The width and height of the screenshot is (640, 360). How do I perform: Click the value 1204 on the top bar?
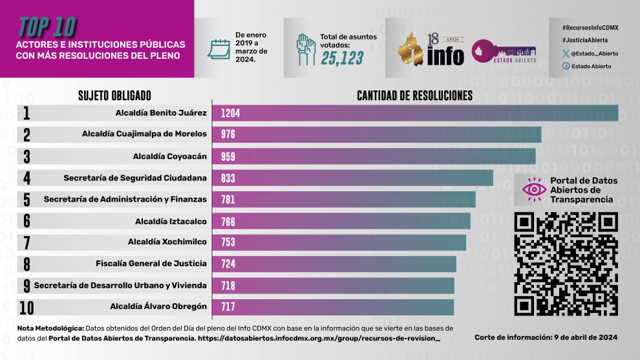pyautogui.click(x=230, y=113)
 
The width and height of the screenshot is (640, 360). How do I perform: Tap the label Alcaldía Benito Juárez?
pyautogui.click(x=161, y=113)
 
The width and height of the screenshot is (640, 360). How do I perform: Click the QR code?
pyautogui.click(x=566, y=264)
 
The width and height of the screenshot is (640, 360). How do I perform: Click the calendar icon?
pyautogui.click(x=219, y=50)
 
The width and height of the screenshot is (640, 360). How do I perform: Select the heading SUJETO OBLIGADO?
pyautogui.click(x=114, y=96)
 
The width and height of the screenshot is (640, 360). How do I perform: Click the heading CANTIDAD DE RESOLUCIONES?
pyautogui.click(x=414, y=96)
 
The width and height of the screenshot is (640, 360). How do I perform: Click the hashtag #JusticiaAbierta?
pyautogui.click(x=585, y=40)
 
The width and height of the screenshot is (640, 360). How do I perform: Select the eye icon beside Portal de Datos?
pyautogui.click(x=534, y=189)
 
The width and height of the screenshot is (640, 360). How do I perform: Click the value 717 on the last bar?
pyautogui.click(x=228, y=306)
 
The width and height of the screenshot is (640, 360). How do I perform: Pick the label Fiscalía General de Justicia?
pyautogui.click(x=151, y=264)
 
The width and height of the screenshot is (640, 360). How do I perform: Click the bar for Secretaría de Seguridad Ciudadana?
pyautogui.click(x=352, y=178)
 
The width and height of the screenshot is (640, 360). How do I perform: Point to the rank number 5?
pyautogui.click(x=27, y=199)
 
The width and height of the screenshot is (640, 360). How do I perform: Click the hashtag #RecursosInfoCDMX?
pyautogui.click(x=590, y=27)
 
